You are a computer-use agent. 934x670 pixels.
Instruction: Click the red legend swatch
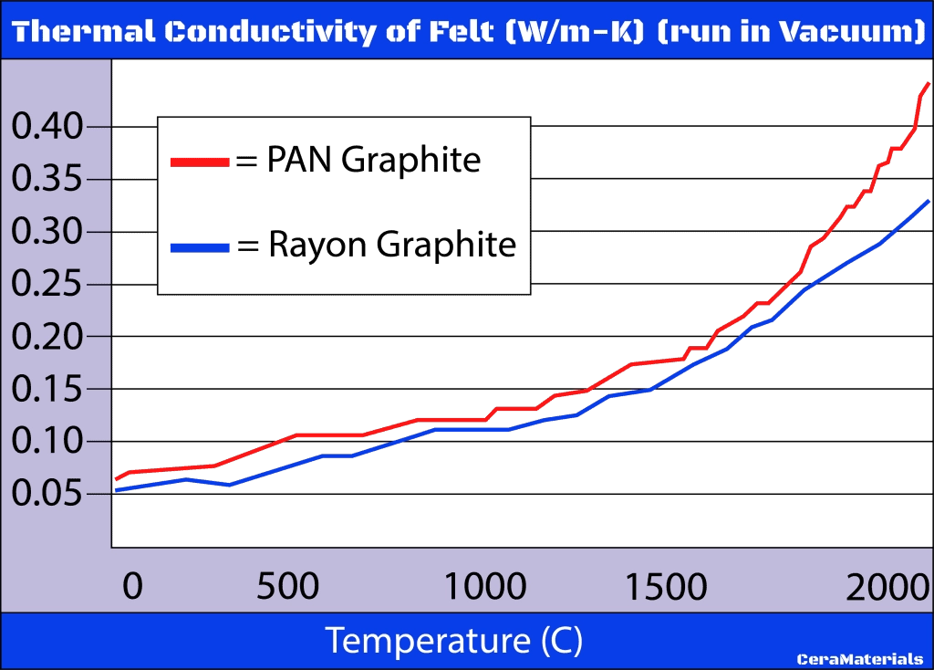click(200, 162)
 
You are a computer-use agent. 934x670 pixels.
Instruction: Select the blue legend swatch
click(200, 247)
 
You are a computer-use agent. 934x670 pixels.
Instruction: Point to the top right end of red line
click(928, 83)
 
